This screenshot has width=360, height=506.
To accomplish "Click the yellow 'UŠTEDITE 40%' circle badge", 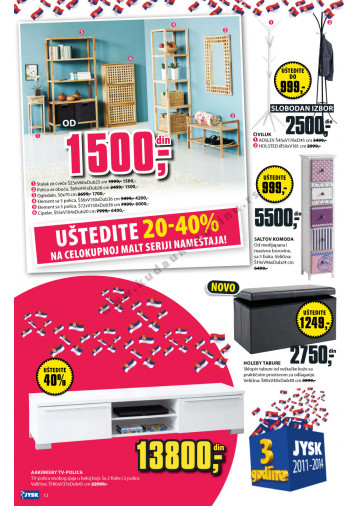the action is click(x=56, y=377).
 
